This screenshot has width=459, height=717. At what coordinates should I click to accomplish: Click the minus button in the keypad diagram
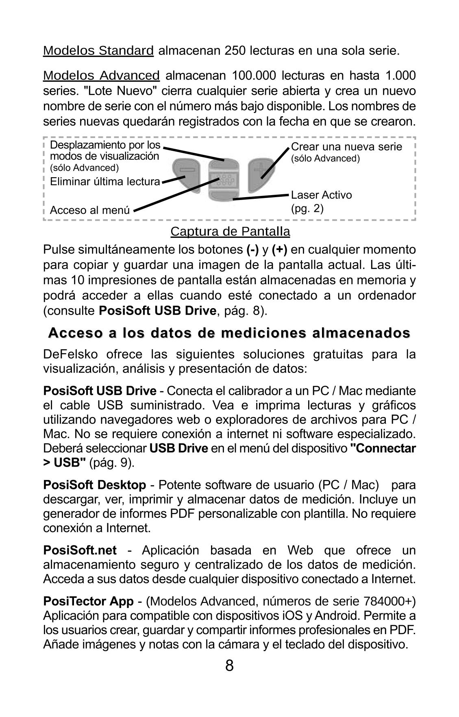click(187, 171)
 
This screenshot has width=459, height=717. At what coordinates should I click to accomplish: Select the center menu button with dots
click(224, 179)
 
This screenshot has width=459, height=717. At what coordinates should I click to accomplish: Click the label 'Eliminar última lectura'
click(105, 182)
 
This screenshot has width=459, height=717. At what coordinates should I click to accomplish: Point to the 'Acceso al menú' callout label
click(89, 210)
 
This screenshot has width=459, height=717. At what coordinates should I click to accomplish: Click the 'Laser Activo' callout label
click(321, 195)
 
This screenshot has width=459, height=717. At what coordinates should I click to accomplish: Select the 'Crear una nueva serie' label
click(346, 147)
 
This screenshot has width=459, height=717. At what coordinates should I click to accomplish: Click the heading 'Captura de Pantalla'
click(230, 231)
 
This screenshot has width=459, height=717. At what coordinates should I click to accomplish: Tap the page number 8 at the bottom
click(229, 666)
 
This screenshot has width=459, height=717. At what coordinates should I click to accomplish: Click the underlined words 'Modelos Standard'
click(98, 51)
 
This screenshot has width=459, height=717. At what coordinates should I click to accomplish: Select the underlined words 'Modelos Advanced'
click(102, 75)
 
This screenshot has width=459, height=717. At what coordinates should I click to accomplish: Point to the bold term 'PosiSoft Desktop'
click(94, 485)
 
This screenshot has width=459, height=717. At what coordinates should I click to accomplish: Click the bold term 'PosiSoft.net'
click(80, 550)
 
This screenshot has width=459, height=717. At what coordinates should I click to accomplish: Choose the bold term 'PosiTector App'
click(88, 601)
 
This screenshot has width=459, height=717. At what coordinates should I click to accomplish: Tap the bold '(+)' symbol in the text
click(279, 249)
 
